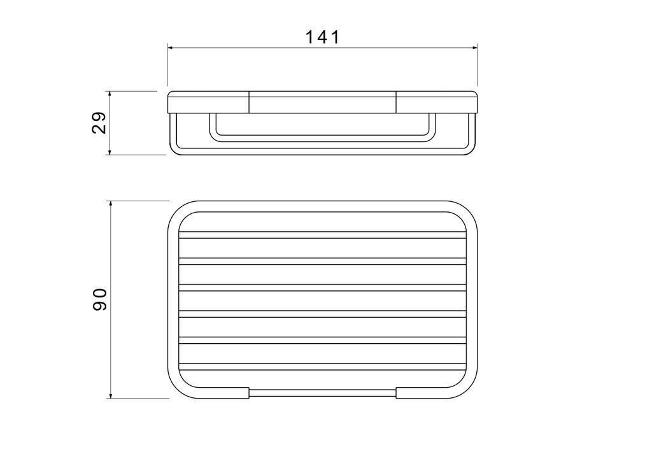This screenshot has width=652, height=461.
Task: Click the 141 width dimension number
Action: coord(323,37)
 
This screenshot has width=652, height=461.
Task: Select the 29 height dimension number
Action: coord(99,123)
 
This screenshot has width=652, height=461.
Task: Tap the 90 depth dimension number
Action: coord(100,299)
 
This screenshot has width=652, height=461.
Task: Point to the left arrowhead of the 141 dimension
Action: coord(171,48)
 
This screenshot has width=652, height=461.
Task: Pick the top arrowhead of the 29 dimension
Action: coord(110,94)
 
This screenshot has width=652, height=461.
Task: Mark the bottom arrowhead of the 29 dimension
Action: coord(110,152)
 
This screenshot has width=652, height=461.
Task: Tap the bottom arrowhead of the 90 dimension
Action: coord(111,395)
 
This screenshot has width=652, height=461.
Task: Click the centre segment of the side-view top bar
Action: coord(322,102)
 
